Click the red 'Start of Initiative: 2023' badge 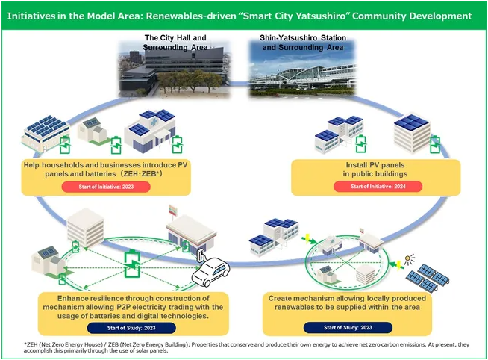pos(106,187)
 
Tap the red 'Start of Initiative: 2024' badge pos(378,187)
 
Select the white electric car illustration pos(210,272)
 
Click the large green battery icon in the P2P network pos(132,264)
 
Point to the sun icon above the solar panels pos(410,259)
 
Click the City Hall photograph pos(175,69)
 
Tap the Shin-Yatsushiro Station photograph pos(302,69)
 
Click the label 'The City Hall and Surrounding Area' pos(175,43)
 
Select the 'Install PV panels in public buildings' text pos(375,170)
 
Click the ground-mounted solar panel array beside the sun pos(428,277)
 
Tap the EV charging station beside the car pos(201,255)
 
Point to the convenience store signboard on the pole pos(172,211)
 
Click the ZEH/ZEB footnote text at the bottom pos(246,347)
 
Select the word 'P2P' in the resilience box pos(124,307)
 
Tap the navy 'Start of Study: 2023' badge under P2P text pos(131,328)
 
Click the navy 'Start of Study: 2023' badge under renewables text pos(348,328)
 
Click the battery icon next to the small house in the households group pos(116,145)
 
